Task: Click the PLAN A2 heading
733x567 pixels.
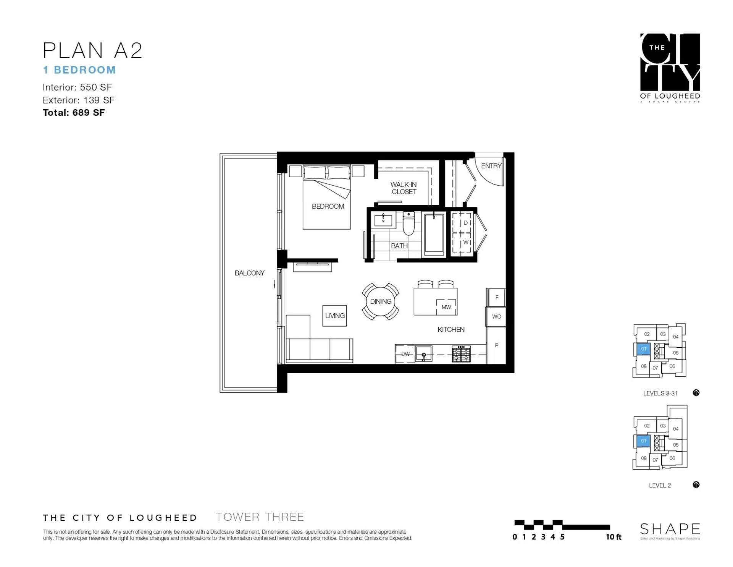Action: click(92, 50)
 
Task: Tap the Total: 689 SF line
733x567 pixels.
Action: click(74, 113)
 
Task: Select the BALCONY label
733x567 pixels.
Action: click(249, 273)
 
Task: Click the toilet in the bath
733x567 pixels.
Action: click(408, 224)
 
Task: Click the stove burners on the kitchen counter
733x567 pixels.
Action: click(461, 354)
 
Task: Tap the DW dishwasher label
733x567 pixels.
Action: click(405, 354)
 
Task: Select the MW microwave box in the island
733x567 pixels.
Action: click(446, 307)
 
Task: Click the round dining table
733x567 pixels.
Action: click(381, 301)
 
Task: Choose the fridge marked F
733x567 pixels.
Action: click(496, 297)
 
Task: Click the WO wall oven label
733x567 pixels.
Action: click(496, 317)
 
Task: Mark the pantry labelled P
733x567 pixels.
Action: click(496, 345)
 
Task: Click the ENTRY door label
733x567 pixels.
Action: click(491, 166)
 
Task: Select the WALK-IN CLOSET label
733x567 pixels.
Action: click(404, 188)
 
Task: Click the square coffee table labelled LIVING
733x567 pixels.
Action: click(334, 316)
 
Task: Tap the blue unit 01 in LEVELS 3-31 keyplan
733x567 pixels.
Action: click(643, 349)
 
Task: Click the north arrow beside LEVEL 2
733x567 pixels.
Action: click(696, 485)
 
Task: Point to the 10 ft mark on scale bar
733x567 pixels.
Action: click(613, 537)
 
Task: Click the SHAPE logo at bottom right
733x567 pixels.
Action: click(670, 530)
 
